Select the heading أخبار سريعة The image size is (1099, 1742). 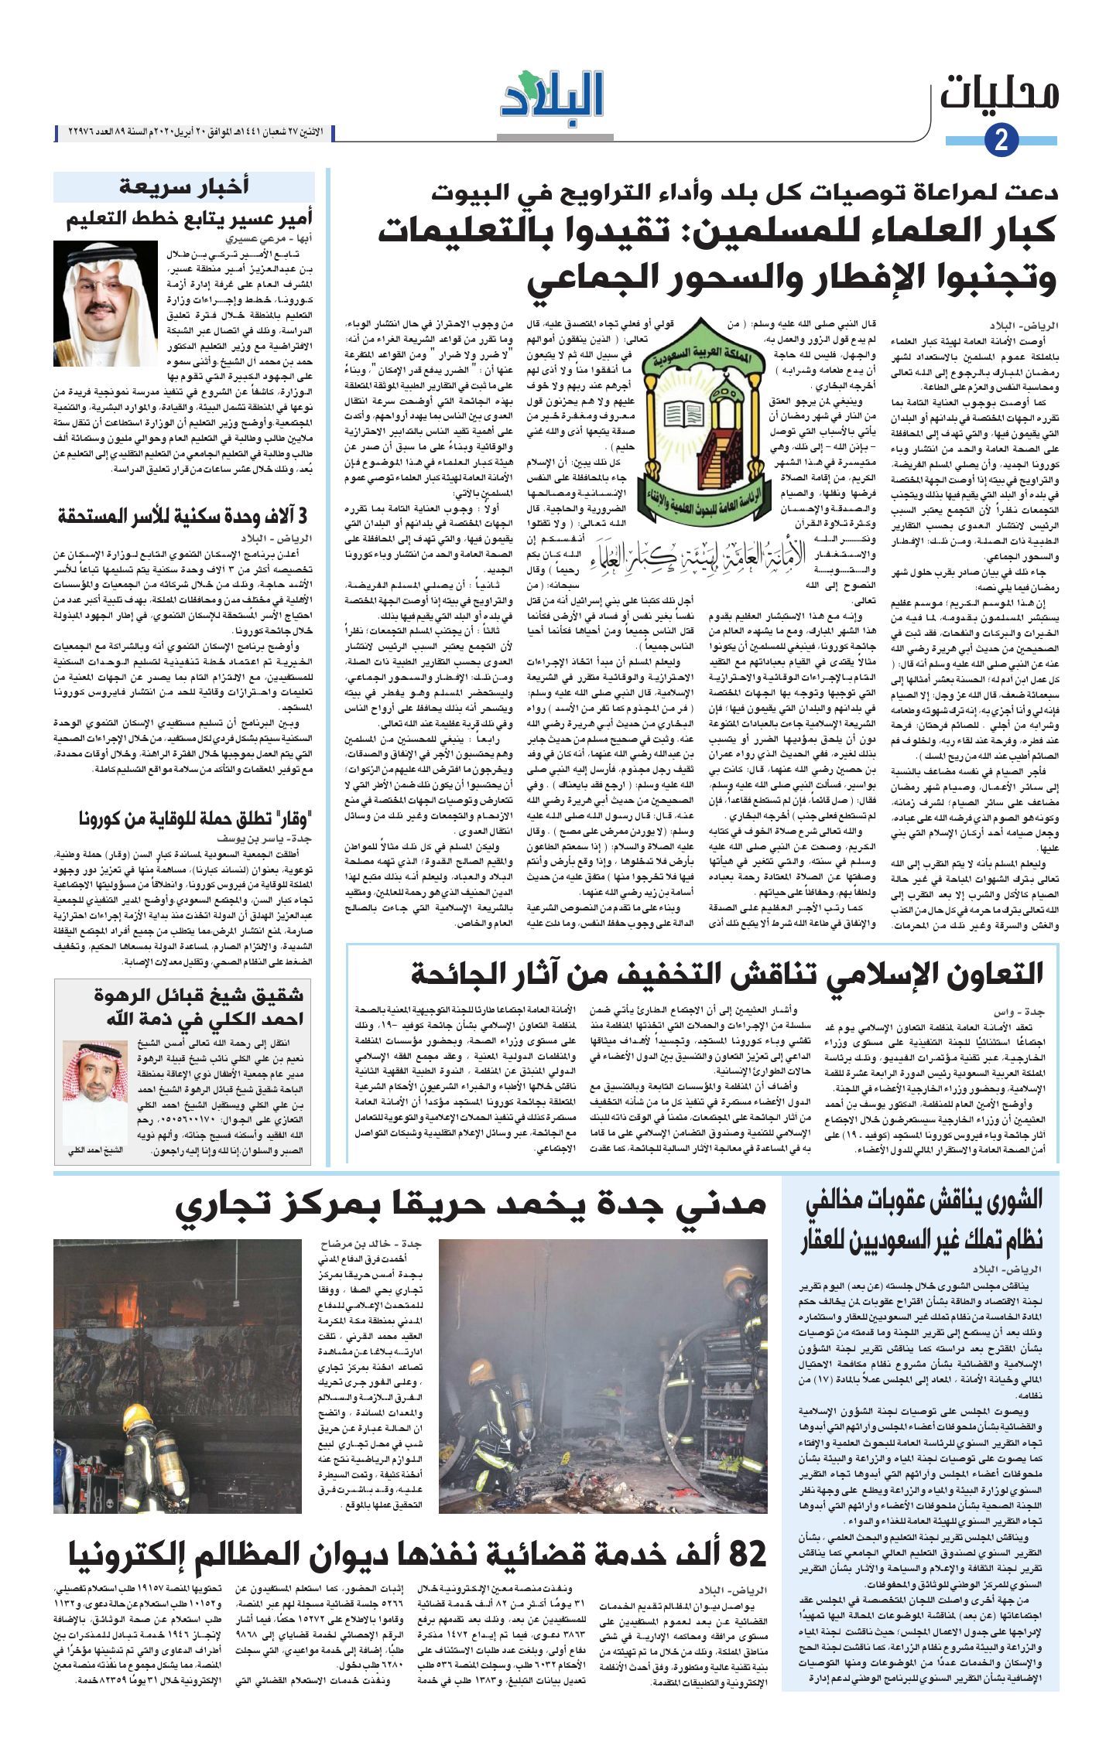point(183,186)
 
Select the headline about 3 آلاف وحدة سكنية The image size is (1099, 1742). point(184,517)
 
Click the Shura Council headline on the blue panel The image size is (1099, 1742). point(921,1220)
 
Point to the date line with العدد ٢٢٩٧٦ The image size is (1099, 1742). point(193,132)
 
